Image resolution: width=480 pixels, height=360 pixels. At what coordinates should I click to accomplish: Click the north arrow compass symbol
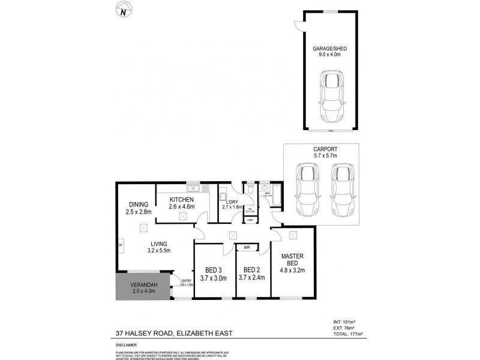pos(124,11)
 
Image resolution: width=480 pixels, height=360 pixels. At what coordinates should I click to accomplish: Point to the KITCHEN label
pos(181,199)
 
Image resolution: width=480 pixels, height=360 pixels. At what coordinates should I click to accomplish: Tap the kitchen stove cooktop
pos(204,188)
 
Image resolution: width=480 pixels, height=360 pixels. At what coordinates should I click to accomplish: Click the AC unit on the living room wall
pos(121,245)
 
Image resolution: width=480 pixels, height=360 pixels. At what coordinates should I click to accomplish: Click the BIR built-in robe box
pos(246,247)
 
